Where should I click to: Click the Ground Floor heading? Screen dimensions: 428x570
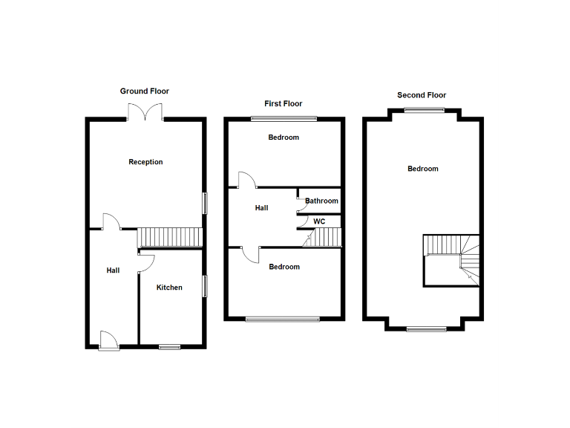[x=145, y=91]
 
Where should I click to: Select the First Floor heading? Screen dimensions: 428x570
[x=284, y=104]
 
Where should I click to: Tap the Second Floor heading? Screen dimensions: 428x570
[x=422, y=95]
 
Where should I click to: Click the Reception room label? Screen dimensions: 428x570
[x=145, y=162]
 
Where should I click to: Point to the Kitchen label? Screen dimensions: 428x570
[x=169, y=288]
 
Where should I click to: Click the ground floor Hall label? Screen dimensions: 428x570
[x=113, y=270]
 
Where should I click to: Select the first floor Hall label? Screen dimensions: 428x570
[x=261, y=208]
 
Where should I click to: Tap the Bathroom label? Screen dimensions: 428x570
[x=321, y=201]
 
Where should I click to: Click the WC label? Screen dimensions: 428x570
[x=319, y=221]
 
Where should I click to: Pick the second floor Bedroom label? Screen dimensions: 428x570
[x=423, y=169]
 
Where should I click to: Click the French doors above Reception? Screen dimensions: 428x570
[x=145, y=112]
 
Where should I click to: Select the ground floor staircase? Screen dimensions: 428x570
[x=171, y=238]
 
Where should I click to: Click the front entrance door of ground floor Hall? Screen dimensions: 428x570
[x=108, y=340]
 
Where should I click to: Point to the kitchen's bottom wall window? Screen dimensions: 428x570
[x=170, y=346]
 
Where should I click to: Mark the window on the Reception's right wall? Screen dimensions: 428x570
[x=205, y=204]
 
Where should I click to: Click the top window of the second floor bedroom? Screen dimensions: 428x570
[x=425, y=111]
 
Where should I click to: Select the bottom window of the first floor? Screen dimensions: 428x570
[x=283, y=320]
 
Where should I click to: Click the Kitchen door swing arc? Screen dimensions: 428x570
[x=146, y=260]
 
